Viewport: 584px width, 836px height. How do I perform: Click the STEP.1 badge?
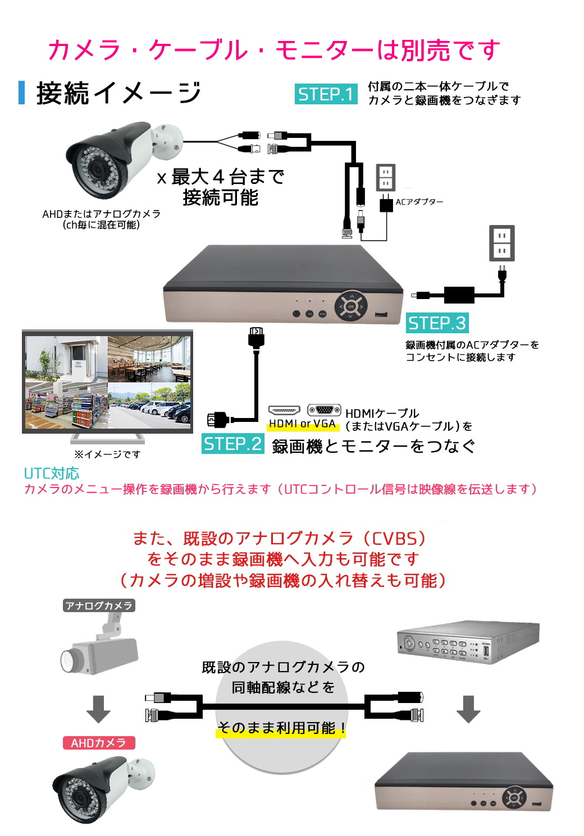coord(326,94)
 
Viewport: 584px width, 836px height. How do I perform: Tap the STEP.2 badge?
coord(233,443)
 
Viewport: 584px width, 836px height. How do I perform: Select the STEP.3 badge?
coord(437,323)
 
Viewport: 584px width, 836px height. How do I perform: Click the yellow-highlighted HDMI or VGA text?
coord(302,424)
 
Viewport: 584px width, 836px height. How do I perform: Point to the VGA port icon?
coord(324,410)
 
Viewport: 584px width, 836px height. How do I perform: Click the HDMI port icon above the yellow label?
coord(284,410)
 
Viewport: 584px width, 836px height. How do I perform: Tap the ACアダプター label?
coord(419,202)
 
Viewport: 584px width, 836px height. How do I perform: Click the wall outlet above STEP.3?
coord(502,243)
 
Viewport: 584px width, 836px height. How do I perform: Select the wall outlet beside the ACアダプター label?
coord(385,178)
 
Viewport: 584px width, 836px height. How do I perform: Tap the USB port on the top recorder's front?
coord(381,314)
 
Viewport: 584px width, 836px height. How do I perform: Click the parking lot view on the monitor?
coord(149,406)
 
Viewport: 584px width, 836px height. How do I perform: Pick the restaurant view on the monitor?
coord(149,359)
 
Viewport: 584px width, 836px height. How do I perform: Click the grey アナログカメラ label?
coord(99,605)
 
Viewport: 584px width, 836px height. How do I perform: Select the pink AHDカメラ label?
coord(99,743)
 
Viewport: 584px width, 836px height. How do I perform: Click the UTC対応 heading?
coord(52,473)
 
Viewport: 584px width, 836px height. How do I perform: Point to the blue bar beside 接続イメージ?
coord(22,93)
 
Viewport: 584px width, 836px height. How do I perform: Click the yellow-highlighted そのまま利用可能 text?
coord(281,728)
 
